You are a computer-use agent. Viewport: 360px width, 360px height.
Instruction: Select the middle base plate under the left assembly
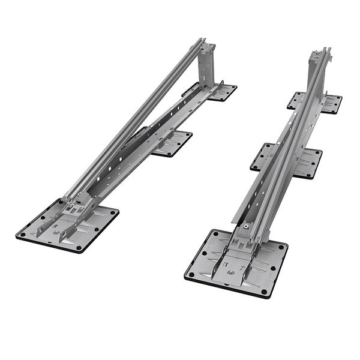click(x=175, y=145)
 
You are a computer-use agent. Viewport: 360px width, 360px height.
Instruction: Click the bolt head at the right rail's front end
click(x=246, y=226)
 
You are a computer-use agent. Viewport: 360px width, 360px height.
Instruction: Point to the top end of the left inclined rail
click(x=201, y=42)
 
